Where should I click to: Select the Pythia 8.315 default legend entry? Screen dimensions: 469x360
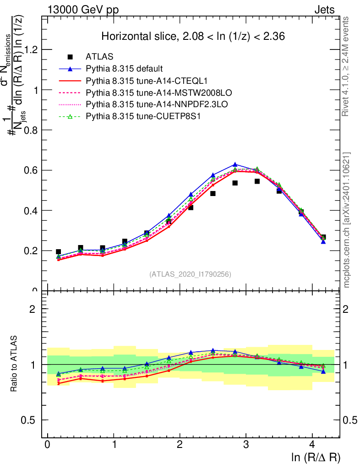[124, 69]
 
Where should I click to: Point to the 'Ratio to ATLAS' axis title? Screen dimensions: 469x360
[15, 364]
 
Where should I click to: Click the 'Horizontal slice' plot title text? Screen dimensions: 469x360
[193, 37]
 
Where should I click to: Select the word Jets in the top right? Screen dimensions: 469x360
[324, 10]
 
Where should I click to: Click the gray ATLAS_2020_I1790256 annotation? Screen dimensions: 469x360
[190, 274]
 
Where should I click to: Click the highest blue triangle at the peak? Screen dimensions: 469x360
[235, 164]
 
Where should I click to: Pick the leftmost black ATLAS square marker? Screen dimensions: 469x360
[58, 251]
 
